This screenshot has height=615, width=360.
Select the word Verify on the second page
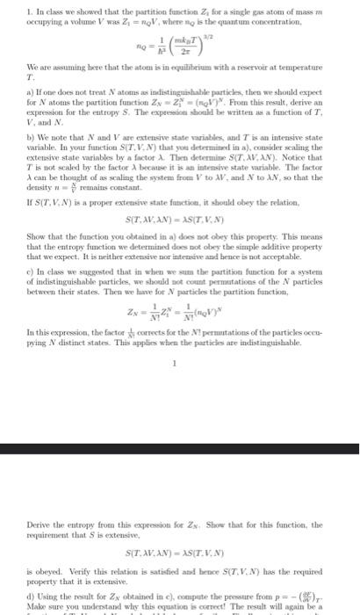pyautogui.click(x=57, y=560)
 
